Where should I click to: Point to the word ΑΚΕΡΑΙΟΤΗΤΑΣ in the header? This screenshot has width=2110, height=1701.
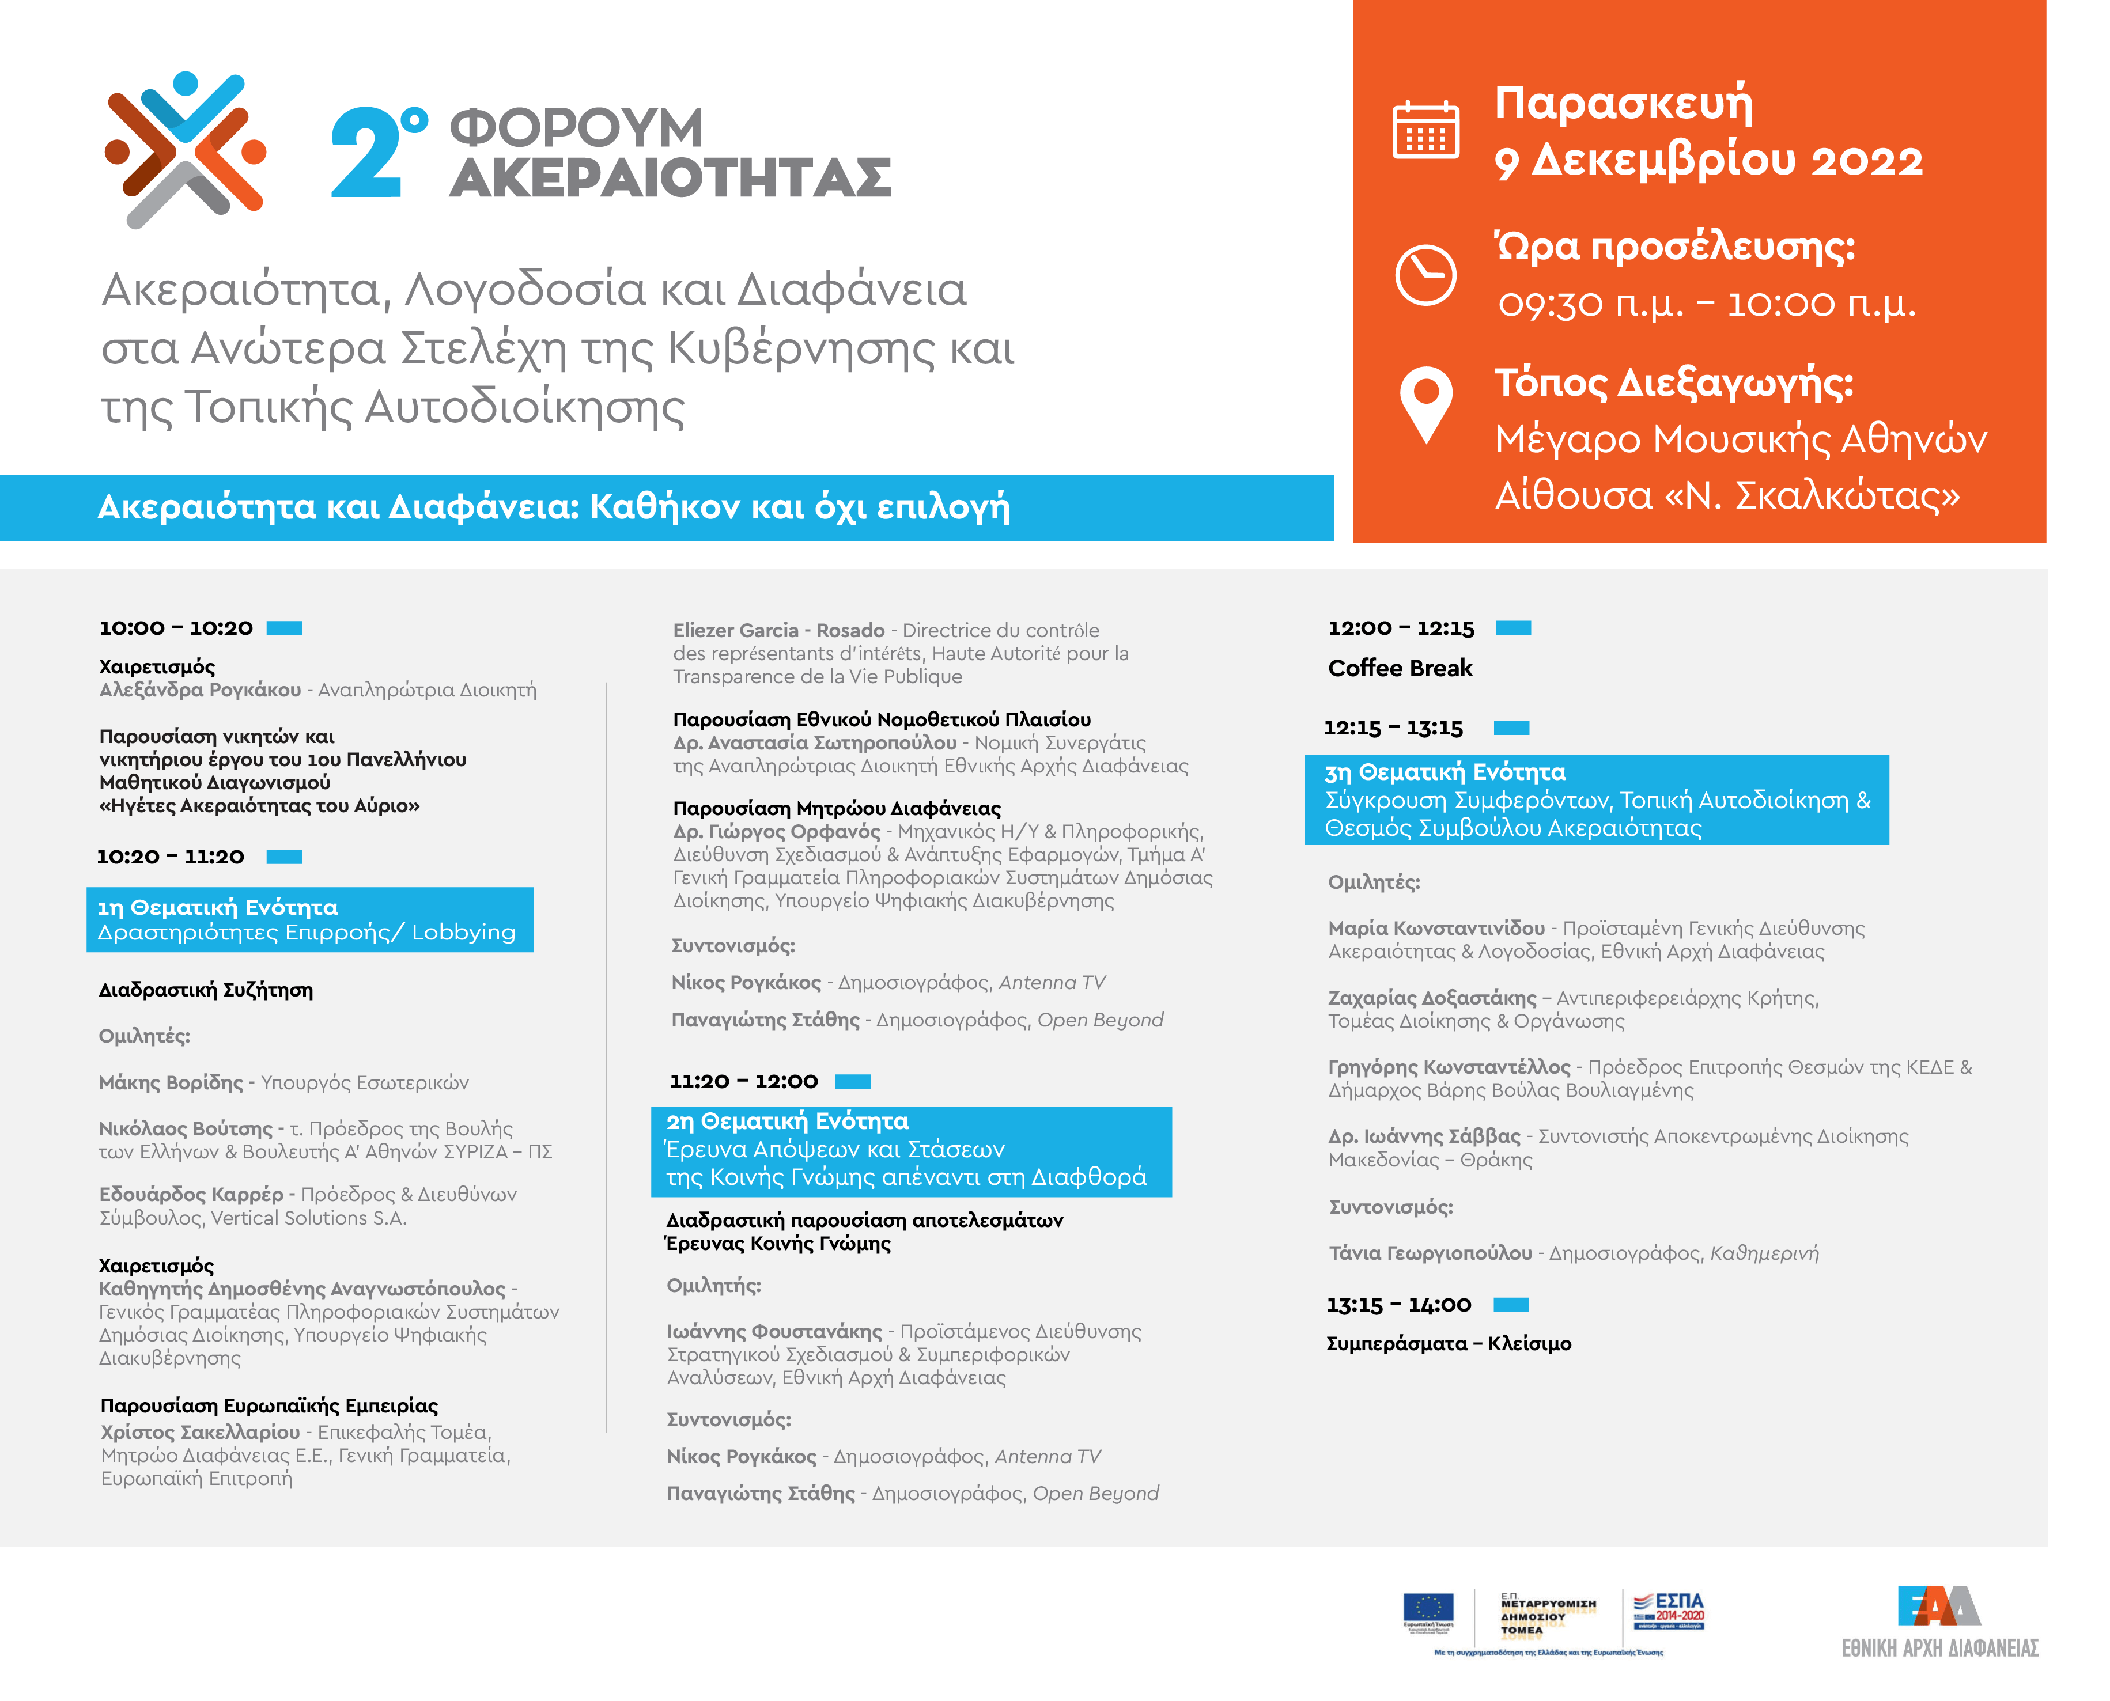(670, 179)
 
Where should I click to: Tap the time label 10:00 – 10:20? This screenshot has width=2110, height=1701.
(176, 628)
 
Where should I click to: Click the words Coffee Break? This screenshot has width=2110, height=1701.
(1400, 668)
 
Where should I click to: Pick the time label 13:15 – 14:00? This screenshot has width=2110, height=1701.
(1398, 1305)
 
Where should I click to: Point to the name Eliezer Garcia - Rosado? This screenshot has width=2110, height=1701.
(778, 630)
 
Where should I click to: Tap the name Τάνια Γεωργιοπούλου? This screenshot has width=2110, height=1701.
(1430, 1253)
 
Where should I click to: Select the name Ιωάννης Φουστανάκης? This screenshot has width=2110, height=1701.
(774, 1332)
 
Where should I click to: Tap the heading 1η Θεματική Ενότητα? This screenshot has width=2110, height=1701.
(218, 907)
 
